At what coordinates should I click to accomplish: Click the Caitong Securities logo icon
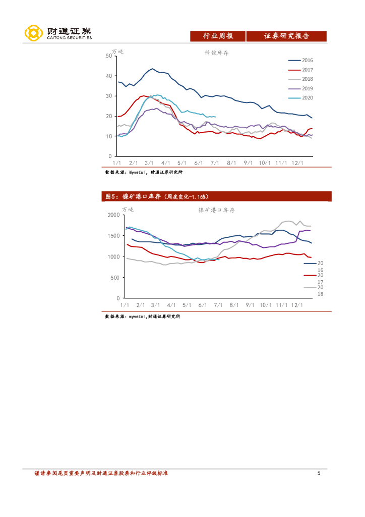pyautogui.click(x=33, y=33)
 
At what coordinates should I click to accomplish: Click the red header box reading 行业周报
pyautogui.click(x=218, y=36)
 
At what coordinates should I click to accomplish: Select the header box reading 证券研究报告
pyautogui.click(x=286, y=36)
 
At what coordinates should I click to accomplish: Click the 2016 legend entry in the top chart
pyautogui.click(x=307, y=60)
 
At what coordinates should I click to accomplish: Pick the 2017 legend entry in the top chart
pyautogui.click(x=307, y=70)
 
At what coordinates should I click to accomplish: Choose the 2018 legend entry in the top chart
pyautogui.click(x=307, y=79)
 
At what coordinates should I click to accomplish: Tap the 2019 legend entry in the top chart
pyautogui.click(x=307, y=89)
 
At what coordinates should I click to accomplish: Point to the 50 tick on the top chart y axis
pyautogui.click(x=109, y=56)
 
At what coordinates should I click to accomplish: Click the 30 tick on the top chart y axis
pyautogui.click(x=109, y=96)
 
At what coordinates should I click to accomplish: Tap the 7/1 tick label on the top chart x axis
pyautogui.click(x=215, y=163)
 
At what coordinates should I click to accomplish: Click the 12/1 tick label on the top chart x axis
pyautogui.click(x=297, y=163)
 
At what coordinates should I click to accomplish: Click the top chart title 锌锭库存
pyautogui.click(x=216, y=53)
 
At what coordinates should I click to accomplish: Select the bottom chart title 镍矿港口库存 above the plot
pyautogui.click(x=216, y=210)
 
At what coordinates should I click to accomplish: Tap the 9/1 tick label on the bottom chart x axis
pyautogui.click(x=250, y=305)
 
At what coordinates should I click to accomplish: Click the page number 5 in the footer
pyautogui.click(x=319, y=473)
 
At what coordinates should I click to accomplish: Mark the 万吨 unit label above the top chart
pyautogui.click(x=117, y=51)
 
